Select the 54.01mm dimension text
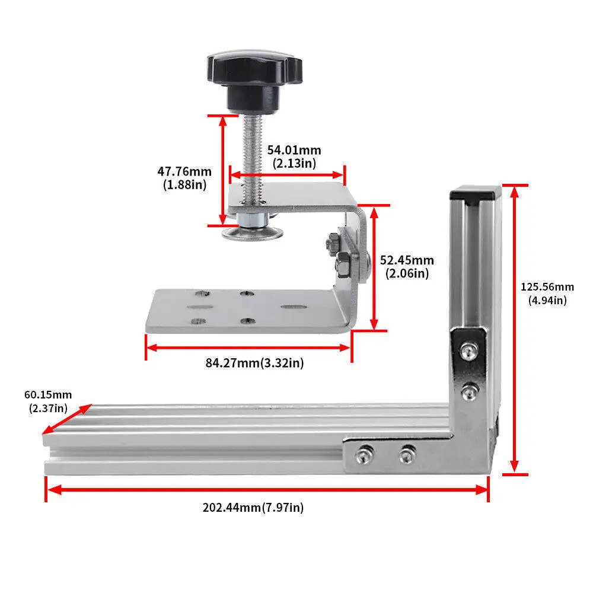(294, 157)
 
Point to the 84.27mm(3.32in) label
(254, 363)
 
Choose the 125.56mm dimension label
(547, 293)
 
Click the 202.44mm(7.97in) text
(253, 508)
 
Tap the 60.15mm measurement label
(47, 401)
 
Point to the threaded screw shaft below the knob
(249, 154)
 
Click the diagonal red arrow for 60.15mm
(67, 420)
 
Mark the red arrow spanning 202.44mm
(267, 489)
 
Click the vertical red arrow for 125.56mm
(515, 329)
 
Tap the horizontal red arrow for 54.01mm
(287, 174)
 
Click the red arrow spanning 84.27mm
(248, 347)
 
